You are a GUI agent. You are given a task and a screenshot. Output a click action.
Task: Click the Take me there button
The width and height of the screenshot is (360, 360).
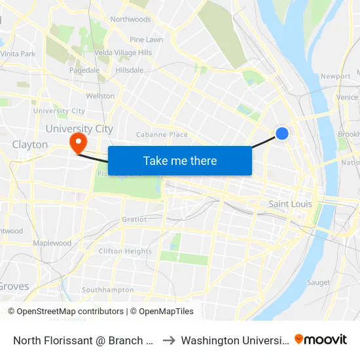coord(180,160)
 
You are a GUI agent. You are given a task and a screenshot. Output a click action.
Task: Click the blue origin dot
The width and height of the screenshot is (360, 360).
coord(282,134)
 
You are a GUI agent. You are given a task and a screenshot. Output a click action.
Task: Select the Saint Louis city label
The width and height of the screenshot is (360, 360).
coord(290,204)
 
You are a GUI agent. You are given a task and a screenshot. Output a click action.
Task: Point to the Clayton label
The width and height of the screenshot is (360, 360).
coord(29,145)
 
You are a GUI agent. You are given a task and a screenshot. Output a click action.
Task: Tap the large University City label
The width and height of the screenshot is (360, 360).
coord(79,129)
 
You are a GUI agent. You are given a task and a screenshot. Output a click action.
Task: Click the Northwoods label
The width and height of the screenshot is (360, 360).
coord(130,20)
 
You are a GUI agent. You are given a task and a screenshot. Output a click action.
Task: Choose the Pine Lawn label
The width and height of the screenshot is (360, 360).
coord(146,40)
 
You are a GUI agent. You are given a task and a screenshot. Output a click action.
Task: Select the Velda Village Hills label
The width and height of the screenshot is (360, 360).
coord(124,52)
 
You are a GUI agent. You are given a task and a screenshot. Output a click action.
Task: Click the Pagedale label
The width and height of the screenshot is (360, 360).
coord(84,70)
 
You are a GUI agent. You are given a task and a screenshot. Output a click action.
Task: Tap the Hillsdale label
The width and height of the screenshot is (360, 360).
coord(129,70)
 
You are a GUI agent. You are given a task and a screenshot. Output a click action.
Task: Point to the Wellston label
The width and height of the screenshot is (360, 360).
coord(100,96)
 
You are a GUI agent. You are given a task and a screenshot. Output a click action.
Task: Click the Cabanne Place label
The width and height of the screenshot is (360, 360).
coord(162,135)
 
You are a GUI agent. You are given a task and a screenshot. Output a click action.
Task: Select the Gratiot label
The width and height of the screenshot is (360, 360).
coord(134,219)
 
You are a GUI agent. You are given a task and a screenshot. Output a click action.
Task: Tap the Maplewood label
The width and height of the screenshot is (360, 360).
coord(52,243)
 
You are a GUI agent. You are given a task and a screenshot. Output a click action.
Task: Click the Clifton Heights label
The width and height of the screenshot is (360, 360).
coord(125,251)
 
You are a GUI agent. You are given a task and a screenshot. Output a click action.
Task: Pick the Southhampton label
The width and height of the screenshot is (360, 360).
coord(107,290)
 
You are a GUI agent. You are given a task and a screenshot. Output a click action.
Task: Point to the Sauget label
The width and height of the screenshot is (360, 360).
coord(319,283)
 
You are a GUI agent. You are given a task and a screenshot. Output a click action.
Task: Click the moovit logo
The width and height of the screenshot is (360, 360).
coord(321,340)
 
